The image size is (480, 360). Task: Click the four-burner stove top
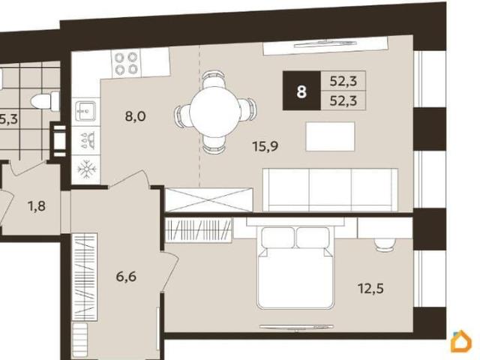click(125, 64)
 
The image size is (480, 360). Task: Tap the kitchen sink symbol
click(85, 112)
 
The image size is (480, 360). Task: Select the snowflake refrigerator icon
click(87, 169)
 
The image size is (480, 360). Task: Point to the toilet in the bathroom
click(45, 101)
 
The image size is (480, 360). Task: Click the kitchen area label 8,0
click(135, 116)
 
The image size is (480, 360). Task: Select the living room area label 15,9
click(265, 146)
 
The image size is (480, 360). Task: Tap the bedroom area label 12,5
click(370, 288)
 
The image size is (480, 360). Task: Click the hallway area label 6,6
click(126, 277)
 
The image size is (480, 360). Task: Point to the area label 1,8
click(37, 206)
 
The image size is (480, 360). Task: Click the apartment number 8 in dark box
click(301, 91)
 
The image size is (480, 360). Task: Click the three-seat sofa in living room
click(330, 190)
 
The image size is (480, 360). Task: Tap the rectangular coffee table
click(330, 136)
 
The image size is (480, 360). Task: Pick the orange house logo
click(461, 340)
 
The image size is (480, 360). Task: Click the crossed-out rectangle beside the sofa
click(208, 199)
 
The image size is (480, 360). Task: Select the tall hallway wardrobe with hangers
click(85, 277)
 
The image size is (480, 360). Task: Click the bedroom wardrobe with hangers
click(199, 230)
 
